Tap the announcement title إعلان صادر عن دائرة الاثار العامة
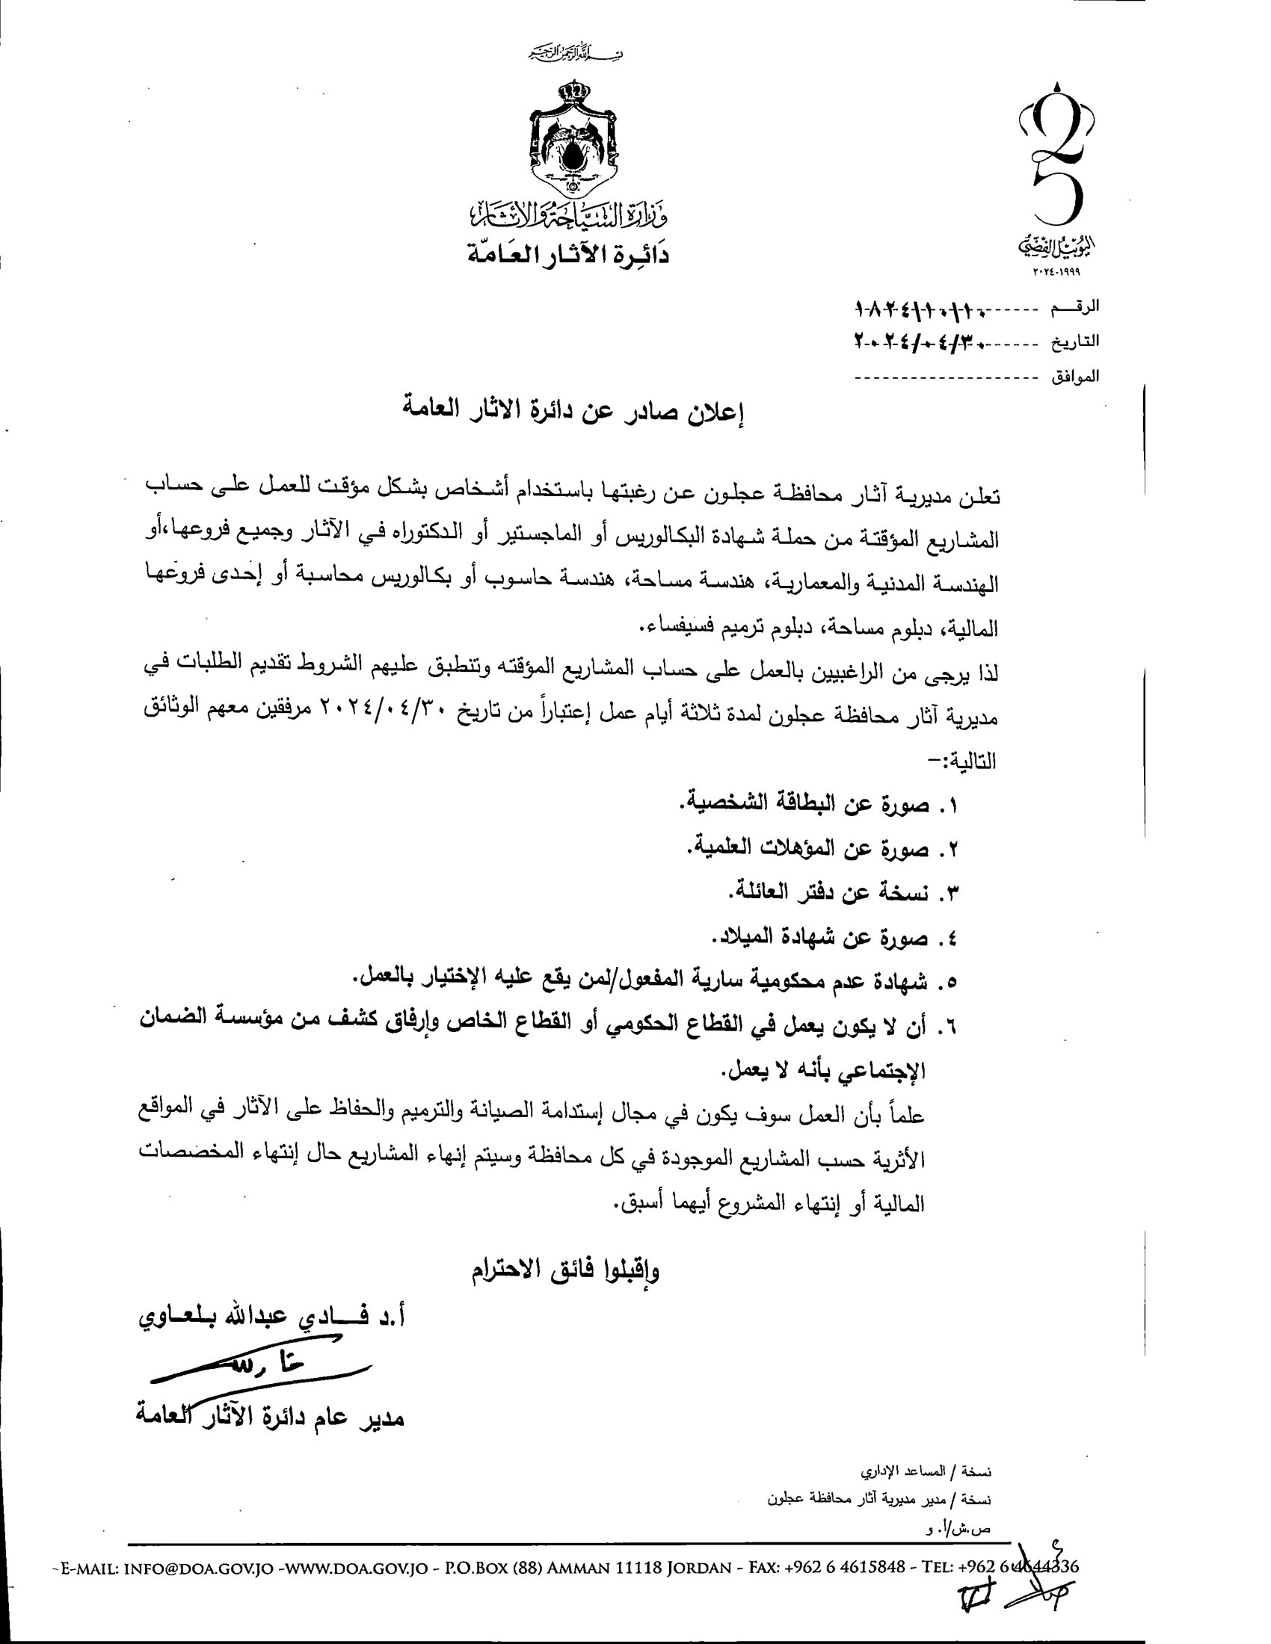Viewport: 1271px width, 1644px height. pyautogui.click(x=573, y=415)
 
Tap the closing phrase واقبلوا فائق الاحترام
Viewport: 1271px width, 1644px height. pyautogui.click(x=565, y=1271)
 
